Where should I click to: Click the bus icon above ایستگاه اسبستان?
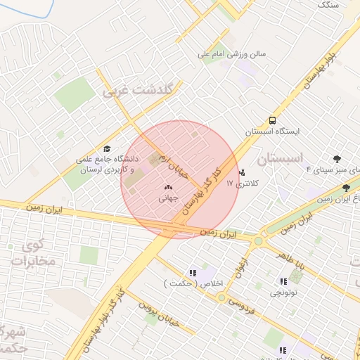click(x=272, y=120)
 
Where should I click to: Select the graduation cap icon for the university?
click(x=107, y=148)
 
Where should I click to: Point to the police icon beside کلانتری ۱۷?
click(x=243, y=172)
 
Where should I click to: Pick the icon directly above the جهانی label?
click(x=167, y=188)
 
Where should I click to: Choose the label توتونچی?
click(x=285, y=290)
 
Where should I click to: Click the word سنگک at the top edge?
click(x=328, y=4)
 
